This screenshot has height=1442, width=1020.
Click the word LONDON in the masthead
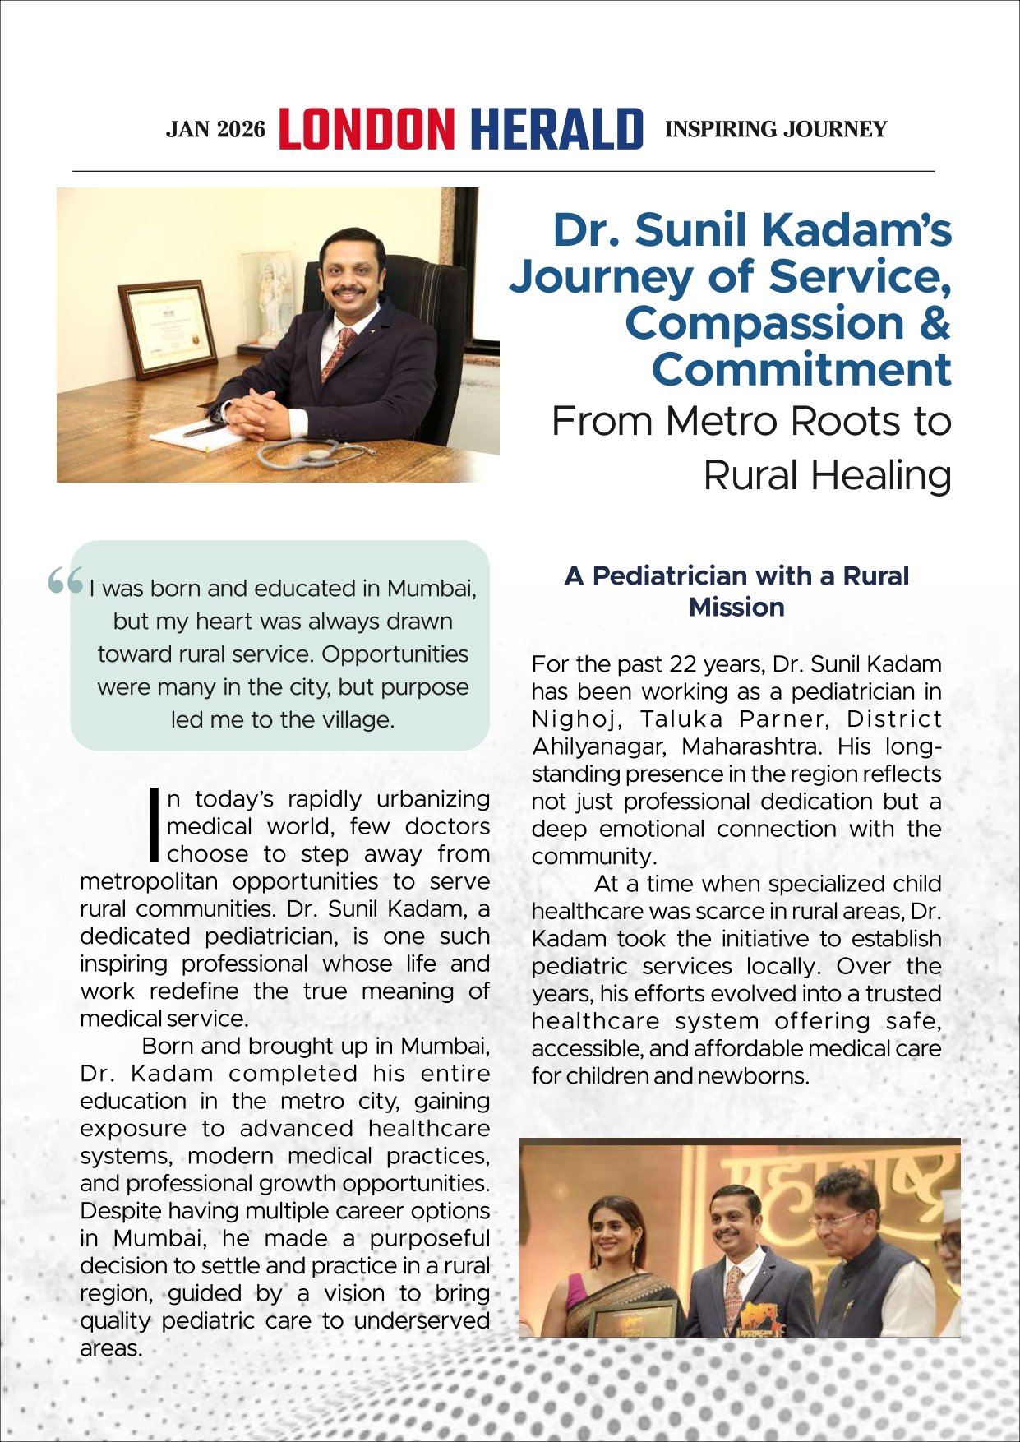(x=367, y=129)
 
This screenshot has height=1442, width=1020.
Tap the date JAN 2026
(x=215, y=130)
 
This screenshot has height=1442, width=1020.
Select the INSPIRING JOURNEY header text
(x=775, y=129)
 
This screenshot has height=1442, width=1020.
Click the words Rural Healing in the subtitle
(x=827, y=475)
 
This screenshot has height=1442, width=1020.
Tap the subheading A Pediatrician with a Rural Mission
(x=736, y=591)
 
